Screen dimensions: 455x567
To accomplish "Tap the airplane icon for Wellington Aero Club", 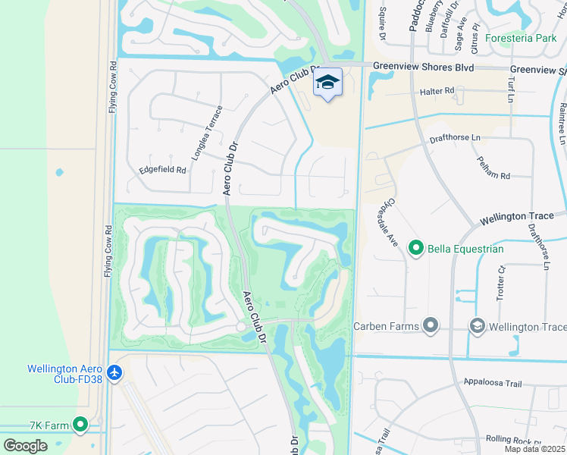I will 114,372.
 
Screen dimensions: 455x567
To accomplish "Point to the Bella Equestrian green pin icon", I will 415,248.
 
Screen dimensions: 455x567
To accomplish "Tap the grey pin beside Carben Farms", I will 431,326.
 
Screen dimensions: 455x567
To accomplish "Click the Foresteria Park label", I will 522,37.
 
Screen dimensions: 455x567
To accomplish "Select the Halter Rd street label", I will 437,91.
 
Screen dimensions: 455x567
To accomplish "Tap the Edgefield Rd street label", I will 162,170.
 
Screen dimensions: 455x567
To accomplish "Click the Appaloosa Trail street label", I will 492,384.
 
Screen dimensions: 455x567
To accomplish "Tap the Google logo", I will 24,445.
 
